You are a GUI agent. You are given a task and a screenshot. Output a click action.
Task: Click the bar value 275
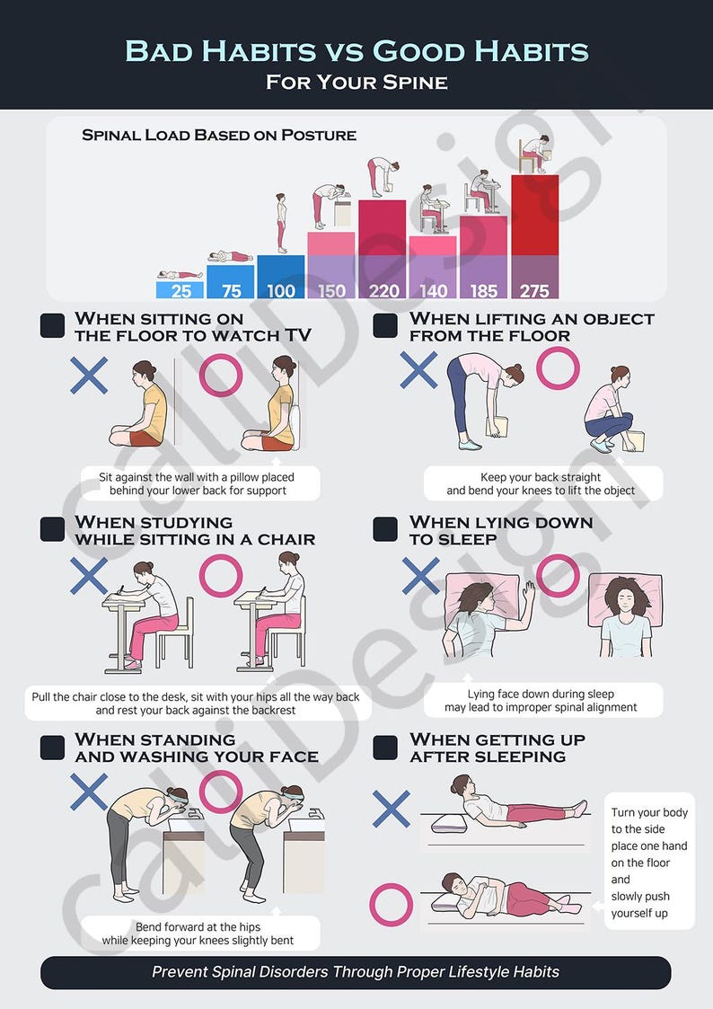click(x=534, y=290)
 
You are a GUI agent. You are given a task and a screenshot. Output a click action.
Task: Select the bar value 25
click(x=180, y=290)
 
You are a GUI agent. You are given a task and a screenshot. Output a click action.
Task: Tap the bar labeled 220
click(x=383, y=290)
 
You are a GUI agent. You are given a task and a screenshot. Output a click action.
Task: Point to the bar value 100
click(x=281, y=290)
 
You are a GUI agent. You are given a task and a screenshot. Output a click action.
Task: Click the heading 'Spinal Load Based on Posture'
click(x=219, y=136)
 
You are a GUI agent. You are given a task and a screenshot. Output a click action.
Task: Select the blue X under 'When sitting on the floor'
click(x=89, y=376)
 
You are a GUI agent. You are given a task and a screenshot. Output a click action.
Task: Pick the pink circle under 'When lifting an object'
click(x=558, y=368)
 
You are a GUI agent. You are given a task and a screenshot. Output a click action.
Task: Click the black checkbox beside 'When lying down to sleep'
click(x=385, y=529)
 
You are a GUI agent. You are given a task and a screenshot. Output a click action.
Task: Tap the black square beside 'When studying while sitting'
click(x=53, y=529)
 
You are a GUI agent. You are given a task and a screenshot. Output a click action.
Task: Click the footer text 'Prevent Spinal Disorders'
click(x=356, y=972)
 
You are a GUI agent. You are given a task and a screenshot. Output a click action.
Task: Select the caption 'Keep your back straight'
click(x=541, y=477)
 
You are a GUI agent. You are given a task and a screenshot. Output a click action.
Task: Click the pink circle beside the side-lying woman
click(x=392, y=905)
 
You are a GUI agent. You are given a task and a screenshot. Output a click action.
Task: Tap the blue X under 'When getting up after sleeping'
click(x=392, y=809)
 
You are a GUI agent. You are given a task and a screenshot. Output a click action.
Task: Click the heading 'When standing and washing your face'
click(x=196, y=748)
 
